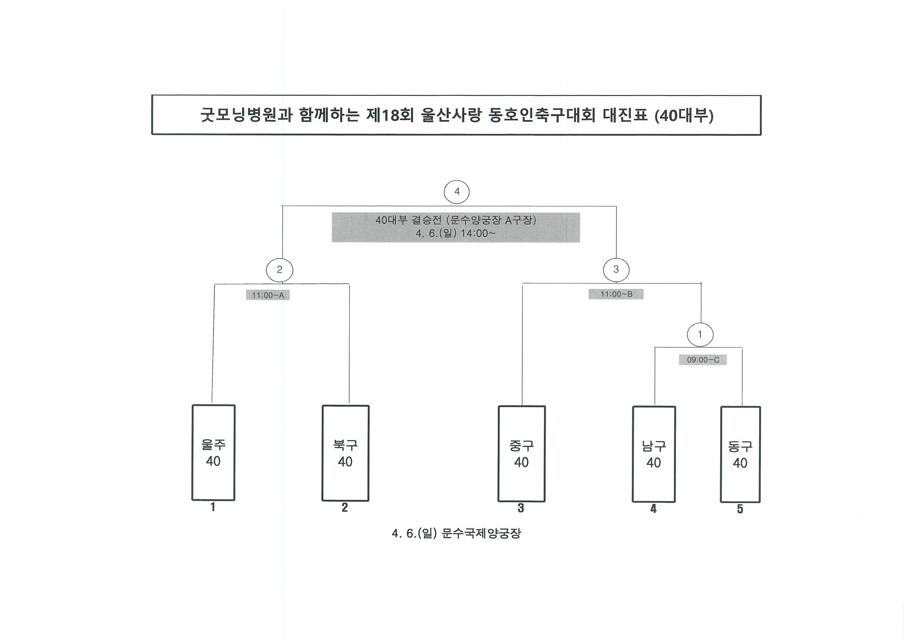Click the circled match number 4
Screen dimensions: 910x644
[x=457, y=192]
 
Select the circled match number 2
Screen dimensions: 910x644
[x=280, y=270]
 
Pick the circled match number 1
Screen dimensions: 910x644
[x=700, y=335]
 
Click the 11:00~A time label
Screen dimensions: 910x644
[x=268, y=295]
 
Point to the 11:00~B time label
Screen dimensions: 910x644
[x=616, y=294]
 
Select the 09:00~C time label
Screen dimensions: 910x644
[x=703, y=360]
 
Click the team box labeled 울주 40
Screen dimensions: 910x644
[x=213, y=453]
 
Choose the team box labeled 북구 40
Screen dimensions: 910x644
[x=345, y=453]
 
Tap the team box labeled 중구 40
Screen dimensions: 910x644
[x=521, y=454]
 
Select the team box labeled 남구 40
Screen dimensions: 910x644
[x=654, y=454]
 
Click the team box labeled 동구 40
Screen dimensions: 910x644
[x=740, y=454]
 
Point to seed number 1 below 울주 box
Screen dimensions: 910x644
[x=213, y=507]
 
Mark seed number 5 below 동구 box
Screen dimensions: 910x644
[x=740, y=509]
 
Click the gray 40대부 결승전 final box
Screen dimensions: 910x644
[x=456, y=227]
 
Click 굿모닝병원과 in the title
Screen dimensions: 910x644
[x=246, y=116]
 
